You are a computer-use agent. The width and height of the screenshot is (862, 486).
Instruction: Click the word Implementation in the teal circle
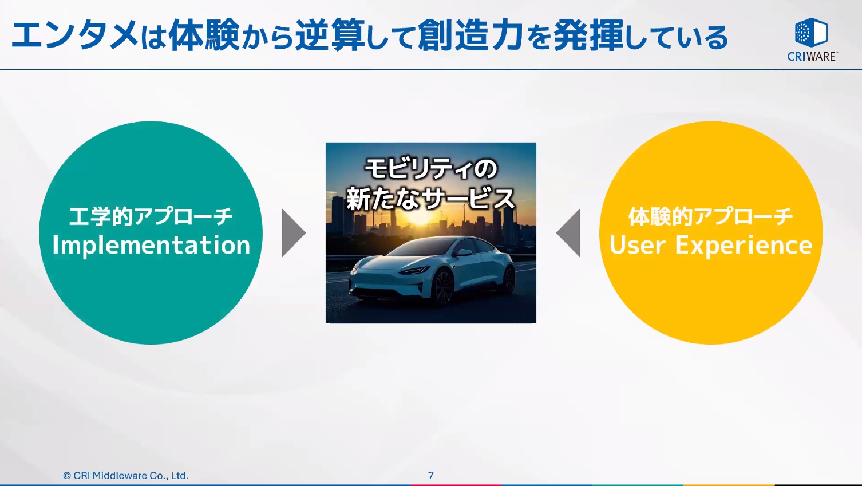click(x=151, y=245)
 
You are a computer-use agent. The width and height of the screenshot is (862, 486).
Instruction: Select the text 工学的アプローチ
click(x=151, y=216)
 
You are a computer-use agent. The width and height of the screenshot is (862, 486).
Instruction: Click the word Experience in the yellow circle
click(x=744, y=245)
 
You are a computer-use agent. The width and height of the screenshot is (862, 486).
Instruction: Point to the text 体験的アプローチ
click(x=710, y=216)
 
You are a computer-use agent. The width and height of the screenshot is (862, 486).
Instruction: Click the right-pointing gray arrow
click(x=292, y=233)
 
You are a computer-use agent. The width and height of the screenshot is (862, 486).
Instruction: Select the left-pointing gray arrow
click(x=570, y=233)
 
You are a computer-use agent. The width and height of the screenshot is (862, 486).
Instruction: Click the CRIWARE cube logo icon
click(x=811, y=33)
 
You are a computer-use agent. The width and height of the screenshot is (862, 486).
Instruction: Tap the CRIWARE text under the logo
click(x=812, y=56)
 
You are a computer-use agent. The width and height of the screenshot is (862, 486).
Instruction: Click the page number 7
click(x=430, y=475)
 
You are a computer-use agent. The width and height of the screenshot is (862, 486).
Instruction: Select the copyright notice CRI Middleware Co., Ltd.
click(x=125, y=475)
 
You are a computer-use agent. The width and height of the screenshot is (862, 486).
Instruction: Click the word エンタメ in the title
click(x=74, y=35)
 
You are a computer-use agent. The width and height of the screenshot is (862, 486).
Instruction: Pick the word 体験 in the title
click(x=204, y=35)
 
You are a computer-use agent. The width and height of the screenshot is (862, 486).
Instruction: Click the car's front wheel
click(x=443, y=286)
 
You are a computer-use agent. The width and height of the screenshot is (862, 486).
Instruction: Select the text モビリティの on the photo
click(x=430, y=169)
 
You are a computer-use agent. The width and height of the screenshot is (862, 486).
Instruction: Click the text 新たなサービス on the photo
click(x=430, y=199)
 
